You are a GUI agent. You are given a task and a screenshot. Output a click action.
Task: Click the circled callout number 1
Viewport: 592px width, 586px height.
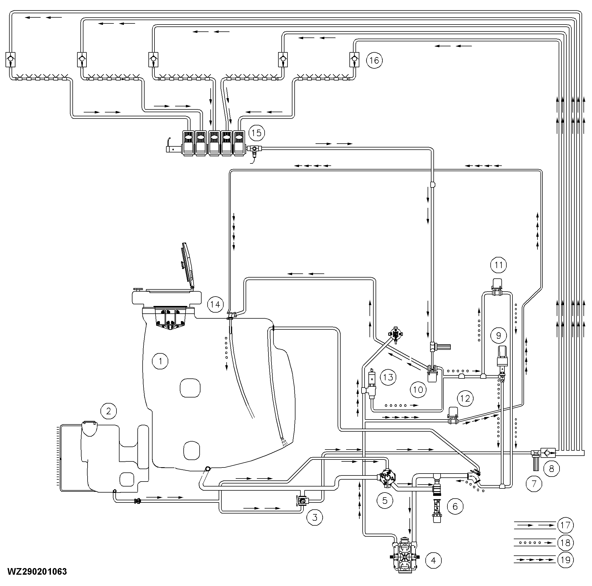pos(160,361)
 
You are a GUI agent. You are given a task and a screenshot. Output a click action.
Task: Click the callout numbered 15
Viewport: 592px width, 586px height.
pos(256,133)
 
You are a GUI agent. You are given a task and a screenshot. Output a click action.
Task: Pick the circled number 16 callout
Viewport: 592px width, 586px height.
pos(374,60)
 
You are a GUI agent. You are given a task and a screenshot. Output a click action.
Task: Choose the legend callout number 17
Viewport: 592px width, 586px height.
pos(565,525)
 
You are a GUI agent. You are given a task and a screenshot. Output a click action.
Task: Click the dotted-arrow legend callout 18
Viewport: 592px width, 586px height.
pos(565,543)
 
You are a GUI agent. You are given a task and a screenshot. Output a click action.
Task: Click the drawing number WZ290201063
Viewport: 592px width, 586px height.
pos(37,572)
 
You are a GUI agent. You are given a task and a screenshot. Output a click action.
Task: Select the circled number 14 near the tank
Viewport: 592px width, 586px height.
pos(215,304)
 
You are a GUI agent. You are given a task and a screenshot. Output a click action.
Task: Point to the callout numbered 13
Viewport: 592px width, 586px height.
pos(388,377)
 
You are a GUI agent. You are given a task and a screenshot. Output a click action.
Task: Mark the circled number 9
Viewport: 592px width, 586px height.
pos(499,335)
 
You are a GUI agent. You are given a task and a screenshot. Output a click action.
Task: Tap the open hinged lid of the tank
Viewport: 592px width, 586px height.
pos(188,265)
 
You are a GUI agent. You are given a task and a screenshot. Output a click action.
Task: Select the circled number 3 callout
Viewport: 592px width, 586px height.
pos(315,517)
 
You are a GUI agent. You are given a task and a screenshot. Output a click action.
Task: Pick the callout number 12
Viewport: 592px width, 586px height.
pos(465,399)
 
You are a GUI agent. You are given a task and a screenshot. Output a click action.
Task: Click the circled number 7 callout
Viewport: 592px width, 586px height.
pos(534,484)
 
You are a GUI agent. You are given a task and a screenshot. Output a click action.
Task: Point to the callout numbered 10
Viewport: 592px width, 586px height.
pos(418,390)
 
